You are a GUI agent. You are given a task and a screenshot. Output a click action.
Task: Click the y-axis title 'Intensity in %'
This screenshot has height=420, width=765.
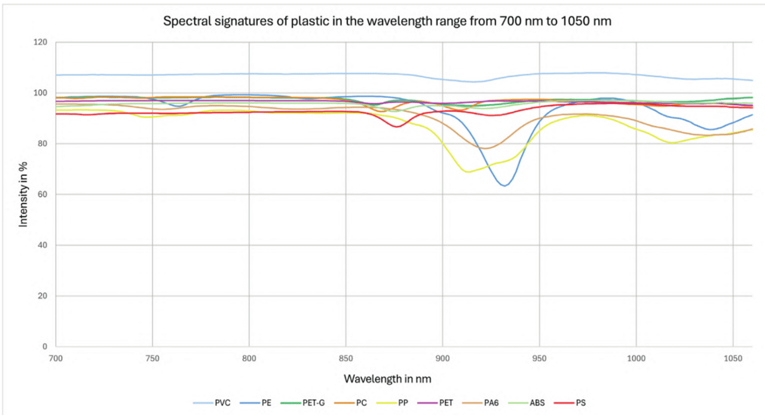click(x=24, y=194)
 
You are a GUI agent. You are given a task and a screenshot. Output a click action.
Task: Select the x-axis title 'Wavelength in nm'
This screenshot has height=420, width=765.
click(x=387, y=379)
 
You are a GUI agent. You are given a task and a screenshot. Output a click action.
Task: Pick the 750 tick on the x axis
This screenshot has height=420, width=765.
click(x=152, y=358)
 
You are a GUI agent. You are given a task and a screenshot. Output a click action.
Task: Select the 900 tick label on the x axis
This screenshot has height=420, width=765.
click(x=442, y=358)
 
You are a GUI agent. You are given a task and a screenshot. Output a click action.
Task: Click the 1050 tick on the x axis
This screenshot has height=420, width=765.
click(x=733, y=358)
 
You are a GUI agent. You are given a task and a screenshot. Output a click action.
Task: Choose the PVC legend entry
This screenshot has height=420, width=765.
click(x=212, y=403)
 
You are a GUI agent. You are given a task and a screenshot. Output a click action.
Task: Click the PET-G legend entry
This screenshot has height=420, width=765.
click(x=304, y=403)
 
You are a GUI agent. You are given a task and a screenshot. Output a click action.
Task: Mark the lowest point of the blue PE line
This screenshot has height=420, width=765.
click(x=505, y=186)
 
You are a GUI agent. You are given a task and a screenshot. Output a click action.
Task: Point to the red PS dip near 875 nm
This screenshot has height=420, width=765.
click(x=396, y=127)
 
